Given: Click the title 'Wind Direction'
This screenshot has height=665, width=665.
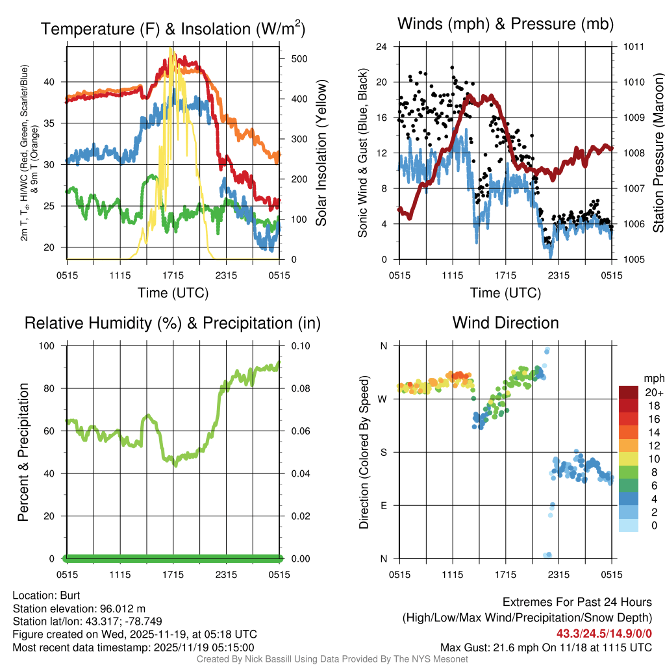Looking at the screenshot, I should tap(505, 323).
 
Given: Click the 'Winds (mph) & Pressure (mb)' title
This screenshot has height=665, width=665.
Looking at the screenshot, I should tap(505, 24).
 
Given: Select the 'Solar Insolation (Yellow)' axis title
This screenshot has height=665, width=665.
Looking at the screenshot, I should tap(321, 153).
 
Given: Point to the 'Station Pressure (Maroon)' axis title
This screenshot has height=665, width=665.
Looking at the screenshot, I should tap(657, 153).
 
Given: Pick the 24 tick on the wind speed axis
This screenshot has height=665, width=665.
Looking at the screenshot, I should tap(382, 47).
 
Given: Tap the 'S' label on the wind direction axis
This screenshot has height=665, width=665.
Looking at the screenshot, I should tap(383, 452).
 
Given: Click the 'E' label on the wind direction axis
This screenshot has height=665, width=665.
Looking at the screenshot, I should tap(383, 505).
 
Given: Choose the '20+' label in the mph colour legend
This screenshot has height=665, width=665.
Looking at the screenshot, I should tap(653, 392).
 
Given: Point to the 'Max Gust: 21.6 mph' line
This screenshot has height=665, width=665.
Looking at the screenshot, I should tap(546, 647).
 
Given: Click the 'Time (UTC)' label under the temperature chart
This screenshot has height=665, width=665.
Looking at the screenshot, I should tap(173, 293).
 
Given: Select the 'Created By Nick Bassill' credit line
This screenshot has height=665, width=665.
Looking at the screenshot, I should tap(332, 659).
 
